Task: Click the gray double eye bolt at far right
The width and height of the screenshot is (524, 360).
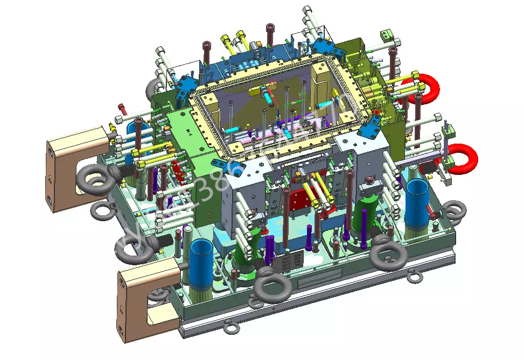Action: [453, 213]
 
